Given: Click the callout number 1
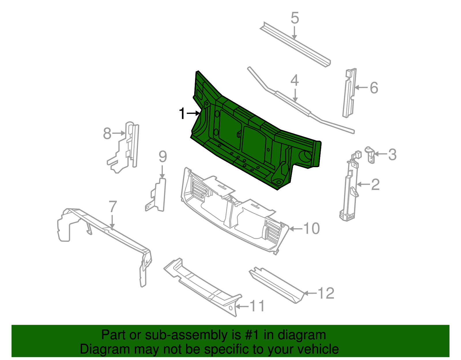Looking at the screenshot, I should (182, 114).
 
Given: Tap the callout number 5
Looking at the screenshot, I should (295, 18).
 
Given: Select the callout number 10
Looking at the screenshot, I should (312, 229).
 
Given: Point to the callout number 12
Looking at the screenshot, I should (326, 293).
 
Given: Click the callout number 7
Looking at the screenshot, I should (113, 207).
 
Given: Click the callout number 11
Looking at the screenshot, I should (257, 306).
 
